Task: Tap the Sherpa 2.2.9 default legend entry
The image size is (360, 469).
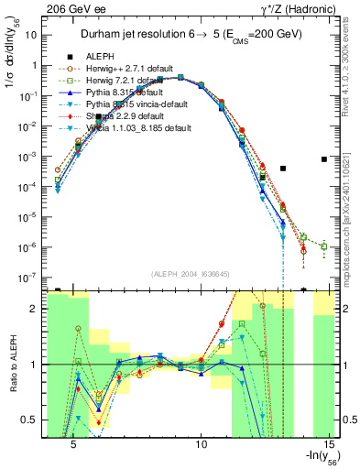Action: tap(125, 116)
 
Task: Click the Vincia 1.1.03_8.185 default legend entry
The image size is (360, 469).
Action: tap(136, 128)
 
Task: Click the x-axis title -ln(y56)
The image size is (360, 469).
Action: tap(315, 459)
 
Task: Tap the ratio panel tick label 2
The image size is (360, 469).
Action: tap(35, 309)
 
